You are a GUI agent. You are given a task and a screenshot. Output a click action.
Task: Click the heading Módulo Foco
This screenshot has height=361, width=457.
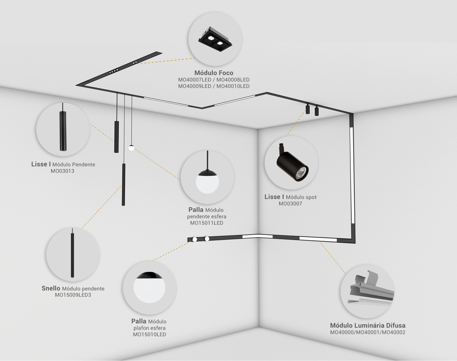(214, 73)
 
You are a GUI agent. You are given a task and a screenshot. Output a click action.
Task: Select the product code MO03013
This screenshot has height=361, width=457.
(62, 171)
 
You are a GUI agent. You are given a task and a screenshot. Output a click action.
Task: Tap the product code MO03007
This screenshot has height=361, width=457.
(290, 204)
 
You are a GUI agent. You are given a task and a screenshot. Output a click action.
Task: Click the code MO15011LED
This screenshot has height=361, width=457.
(206, 223)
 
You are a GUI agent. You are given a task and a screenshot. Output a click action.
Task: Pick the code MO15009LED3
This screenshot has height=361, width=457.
(73, 295)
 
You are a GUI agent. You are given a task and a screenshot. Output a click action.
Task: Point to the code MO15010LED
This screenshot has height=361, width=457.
(149, 334)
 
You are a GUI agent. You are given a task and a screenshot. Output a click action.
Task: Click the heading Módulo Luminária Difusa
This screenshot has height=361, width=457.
(368, 326)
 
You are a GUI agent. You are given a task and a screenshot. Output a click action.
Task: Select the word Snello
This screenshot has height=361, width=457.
(51, 289)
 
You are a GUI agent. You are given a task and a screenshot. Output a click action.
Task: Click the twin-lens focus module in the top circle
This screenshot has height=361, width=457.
(215, 40)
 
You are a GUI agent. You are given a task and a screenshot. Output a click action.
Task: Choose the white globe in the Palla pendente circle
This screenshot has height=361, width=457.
(207, 182)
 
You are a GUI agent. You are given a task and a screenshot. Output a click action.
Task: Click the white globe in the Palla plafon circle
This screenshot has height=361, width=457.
(149, 289)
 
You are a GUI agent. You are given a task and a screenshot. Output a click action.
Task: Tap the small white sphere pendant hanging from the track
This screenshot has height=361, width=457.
(132, 148)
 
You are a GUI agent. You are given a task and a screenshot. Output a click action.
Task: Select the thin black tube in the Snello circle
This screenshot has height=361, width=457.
(72, 255)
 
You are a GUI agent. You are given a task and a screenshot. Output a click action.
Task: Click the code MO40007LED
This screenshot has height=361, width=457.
(195, 80)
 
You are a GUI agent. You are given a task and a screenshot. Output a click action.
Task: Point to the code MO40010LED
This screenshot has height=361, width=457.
(233, 86)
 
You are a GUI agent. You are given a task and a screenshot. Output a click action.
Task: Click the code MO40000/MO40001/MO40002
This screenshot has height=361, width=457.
(368, 332)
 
